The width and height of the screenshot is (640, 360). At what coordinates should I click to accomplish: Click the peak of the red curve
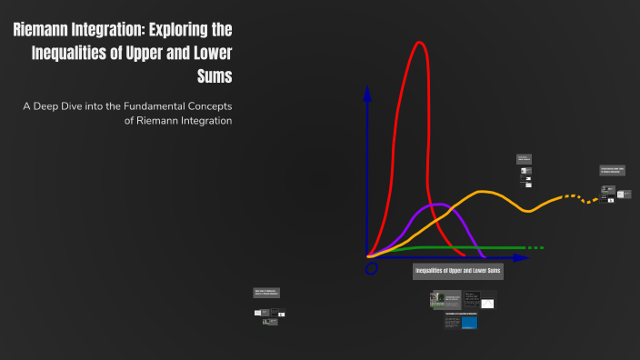tap(419, 43)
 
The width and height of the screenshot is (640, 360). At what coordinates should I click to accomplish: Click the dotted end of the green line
tap(537, 247)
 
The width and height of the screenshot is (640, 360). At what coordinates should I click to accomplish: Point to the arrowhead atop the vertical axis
tap(367, 93)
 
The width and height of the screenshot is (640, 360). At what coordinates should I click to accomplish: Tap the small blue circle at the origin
tap(371, 269)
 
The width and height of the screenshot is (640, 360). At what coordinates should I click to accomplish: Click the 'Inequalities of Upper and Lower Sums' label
tap(458, 271)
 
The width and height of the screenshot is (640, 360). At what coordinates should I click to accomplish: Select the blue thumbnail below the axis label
tap(469, 322)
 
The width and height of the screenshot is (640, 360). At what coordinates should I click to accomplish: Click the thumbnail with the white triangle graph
tap(487, 301)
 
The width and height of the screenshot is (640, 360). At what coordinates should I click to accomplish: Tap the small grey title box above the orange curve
tap(524, 158)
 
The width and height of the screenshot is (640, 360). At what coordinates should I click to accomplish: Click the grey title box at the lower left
tap(266, 293)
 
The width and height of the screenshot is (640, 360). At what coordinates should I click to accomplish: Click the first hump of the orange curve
tap(484, 193)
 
